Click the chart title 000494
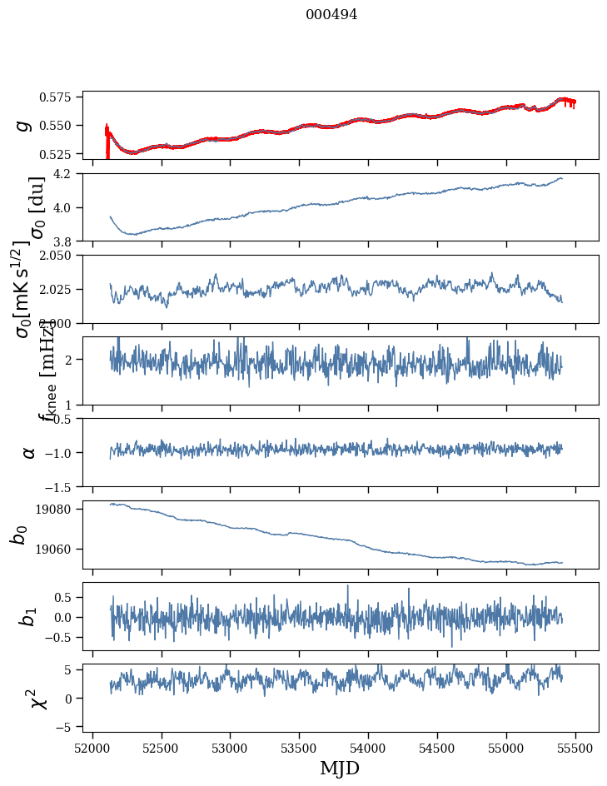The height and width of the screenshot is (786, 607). click(x=331, y=14)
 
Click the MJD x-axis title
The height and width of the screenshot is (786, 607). click(x=340, y=768)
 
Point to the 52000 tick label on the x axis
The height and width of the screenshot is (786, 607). click(x=92, y=747)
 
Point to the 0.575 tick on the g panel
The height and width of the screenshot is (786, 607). click(x=60, y=97)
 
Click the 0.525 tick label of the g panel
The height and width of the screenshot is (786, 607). click(x=60, y=154)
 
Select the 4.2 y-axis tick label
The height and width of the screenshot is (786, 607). click(x=67, y=174)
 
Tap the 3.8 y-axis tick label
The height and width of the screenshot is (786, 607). click(x=67, y=241)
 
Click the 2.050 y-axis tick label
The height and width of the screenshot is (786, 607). click(x=60, y=256)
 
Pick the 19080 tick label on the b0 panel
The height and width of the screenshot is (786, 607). click(x=60, y=510)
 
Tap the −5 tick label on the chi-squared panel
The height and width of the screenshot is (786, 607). click(x=68, y=727)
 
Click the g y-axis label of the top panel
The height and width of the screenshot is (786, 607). click(x=25, y=125)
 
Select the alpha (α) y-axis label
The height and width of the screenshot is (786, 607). click(x=28, y=452)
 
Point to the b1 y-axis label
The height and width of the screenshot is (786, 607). click(x=28, y=617)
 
